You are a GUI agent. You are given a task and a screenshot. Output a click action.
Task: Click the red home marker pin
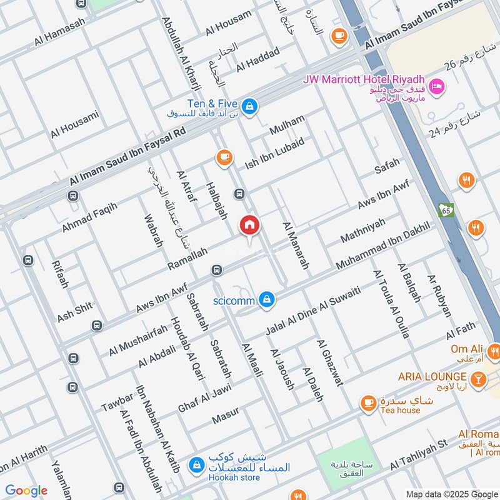click(249, 226)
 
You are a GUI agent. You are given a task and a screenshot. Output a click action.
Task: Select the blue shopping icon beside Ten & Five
click(250, 106)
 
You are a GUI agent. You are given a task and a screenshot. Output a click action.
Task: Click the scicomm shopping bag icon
click(267, 300)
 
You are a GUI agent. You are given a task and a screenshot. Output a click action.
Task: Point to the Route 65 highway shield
click(445, 209)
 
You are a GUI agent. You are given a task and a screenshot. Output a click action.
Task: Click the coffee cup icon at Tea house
click(369, 402)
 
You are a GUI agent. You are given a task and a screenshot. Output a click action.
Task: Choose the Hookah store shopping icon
click(197, 465)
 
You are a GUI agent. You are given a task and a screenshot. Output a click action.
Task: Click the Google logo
click(26, 491)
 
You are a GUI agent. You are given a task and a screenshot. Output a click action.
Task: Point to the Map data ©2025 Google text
click(451, 493)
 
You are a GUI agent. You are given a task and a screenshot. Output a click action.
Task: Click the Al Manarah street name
click(296, 246)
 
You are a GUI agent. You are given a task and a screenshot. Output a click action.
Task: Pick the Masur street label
click(226, 417)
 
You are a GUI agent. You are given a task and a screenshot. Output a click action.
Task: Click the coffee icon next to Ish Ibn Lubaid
click(224, 158)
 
